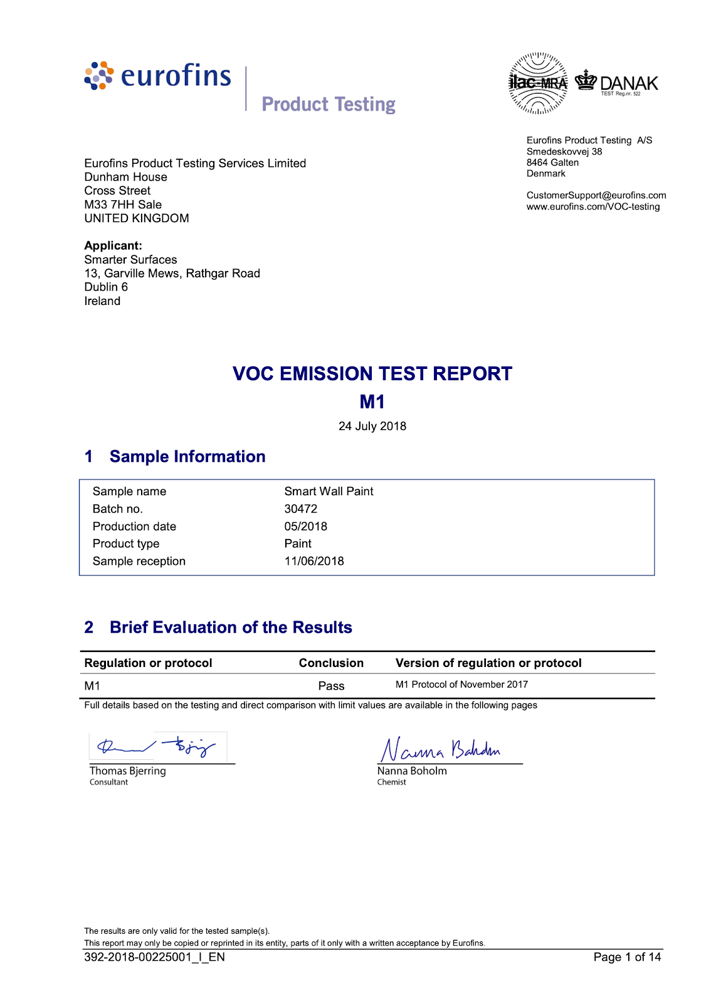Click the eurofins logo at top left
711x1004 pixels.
158,76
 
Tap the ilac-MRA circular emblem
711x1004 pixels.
538,83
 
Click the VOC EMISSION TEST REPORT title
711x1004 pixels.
372,374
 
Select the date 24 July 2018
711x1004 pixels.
372,426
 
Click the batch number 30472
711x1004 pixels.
301,509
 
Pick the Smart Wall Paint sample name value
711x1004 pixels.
329,491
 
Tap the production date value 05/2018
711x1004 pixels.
306,526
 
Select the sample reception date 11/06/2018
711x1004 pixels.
314,561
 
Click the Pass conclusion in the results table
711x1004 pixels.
331,686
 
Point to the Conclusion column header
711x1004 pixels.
331,663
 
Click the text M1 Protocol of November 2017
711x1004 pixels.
461,685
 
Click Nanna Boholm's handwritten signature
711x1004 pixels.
441,749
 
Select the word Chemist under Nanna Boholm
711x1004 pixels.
392,782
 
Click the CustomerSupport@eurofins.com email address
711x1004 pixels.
596,196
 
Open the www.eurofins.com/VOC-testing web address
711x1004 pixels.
593,207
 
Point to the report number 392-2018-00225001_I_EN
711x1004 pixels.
154,957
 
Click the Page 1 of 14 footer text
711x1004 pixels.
627,957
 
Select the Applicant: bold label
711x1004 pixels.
113,246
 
